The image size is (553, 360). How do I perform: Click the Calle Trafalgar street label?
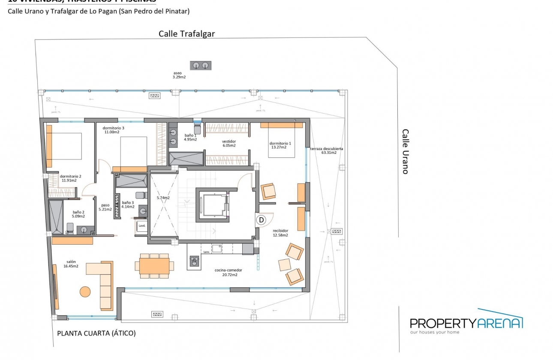click(x=186, y=34)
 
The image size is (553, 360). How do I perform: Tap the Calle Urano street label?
click(x=405, y=152)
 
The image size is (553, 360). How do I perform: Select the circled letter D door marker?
click(x=261, y=220)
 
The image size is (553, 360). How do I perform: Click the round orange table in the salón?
click(x=85, y=292)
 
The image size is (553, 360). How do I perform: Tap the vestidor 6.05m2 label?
click(x=228, y=143)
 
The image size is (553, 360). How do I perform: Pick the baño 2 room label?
click(x=78, y=214)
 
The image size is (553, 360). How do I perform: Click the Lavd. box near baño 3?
click(x=142, y=225)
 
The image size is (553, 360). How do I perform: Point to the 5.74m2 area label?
click(x=163, y=198)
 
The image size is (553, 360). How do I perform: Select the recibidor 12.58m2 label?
click(x=280, y=232)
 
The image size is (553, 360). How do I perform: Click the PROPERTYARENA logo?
click(x=466, y=322)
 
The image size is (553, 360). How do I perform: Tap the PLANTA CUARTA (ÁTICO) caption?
click(x=96, y=333)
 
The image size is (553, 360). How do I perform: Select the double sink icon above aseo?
click(x=201, y=66)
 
